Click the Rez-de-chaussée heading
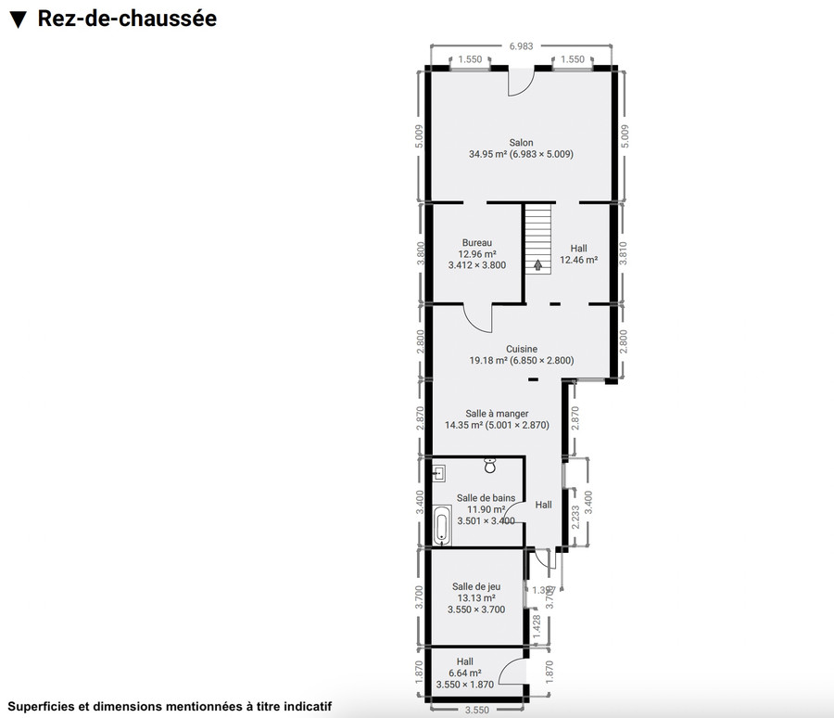(127, 19)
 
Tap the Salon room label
(521, 143)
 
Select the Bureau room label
(476, 242)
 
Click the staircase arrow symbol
(537, 264)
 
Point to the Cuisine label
(521, 349)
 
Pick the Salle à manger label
(497, 414)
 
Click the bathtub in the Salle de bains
(442, 526)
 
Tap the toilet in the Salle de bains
(490, 466)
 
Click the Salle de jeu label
(476, 585)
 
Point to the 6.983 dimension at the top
(521, 45)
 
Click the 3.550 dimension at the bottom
(476, 711)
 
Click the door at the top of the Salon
(520, 81)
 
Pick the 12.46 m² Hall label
(578, 260)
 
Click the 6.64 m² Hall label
(464, 673)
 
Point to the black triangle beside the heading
(17, 19)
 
